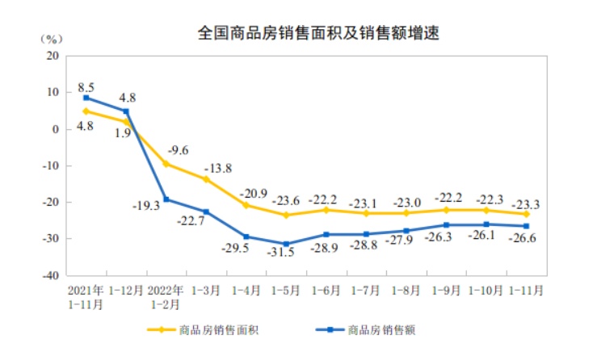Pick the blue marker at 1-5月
point(286,244)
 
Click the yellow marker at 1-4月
point(246,205)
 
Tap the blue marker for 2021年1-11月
point(86,98)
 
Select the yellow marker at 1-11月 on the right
point(526,214)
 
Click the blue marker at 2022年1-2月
point(166,199)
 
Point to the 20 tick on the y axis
point(53,56)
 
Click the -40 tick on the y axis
point(50,275)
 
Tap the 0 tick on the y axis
point(56,129)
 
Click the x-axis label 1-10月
point(486,288)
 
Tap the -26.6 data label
point(524,237)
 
